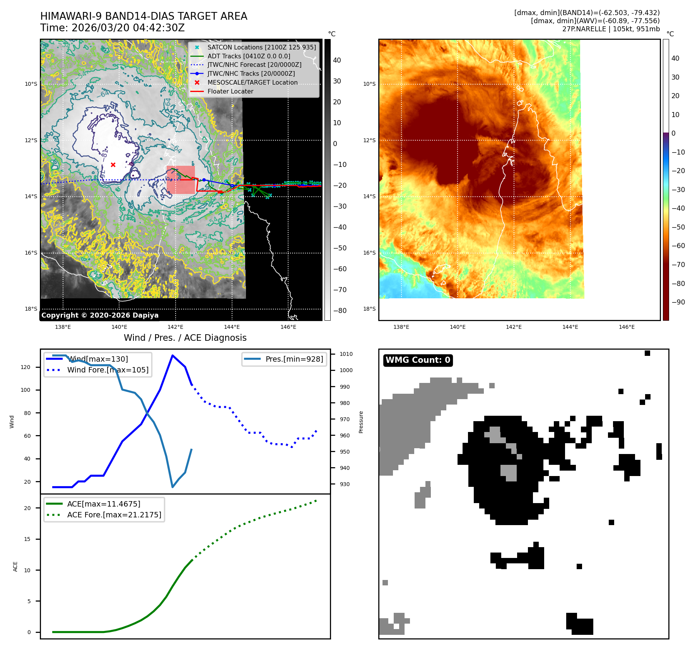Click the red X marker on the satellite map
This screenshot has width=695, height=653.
pyautogui.click(x=113, y=165)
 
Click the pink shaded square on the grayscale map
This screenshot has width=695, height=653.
pyautogui.click(x=181, y=180)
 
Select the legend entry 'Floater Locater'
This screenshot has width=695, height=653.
pyautogui.click(x=230, y=92)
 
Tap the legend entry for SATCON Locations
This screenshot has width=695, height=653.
pyautogui.click(x=261, y=48)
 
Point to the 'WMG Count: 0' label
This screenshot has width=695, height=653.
pyautogui.click(x=418, y=360)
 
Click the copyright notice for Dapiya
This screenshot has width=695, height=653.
pyautogui.click(x=100, y=315)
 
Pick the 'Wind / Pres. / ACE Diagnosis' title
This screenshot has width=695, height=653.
pyautogui.click(x=185, y=338)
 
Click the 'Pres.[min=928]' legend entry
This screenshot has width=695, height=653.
pyautogui.click(x=294, y=359)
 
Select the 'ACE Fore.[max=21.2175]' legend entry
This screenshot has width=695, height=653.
pyautogui.click(x=114, y=515)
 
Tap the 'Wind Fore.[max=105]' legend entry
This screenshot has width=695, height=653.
pyautogui.click(x=108, y=370)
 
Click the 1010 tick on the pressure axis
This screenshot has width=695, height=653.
pyautogui.click(x=346, y=354)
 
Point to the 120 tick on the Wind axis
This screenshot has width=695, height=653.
pyautogui.click(x=26, y=367)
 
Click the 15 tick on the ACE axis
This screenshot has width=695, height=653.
pyautogui.click(x=27, y=539)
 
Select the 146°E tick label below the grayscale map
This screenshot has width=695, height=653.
pyautogui.click(x=288, y=327)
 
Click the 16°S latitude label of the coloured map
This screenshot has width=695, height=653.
pyautogui.click(x=369, y=253)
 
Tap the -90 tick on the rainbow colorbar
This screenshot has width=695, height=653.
pyautogui.click(x=678, y=302)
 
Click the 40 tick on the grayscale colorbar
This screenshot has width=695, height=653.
pyautogui.click(x=337, y=60)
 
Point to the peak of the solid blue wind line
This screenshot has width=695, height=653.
pyautogui.click(x=172, y=355)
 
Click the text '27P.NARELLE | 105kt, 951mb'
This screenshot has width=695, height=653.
pyautogui.click(x=611, y=29)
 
